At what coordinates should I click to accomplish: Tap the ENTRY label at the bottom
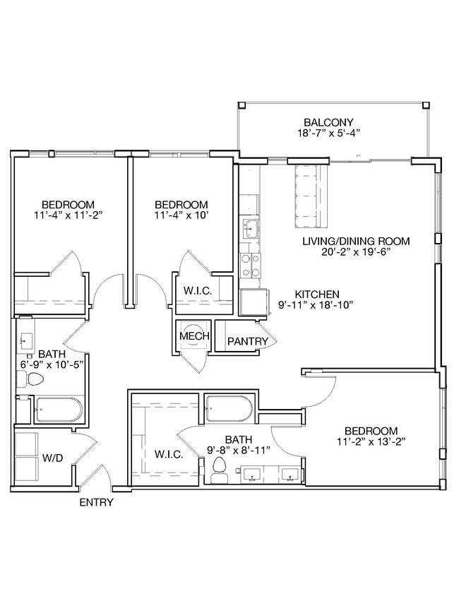click(96, 503)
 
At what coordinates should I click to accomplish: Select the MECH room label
click(193, 336)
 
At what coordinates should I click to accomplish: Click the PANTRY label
click(247, 342)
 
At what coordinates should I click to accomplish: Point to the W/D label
click(52, 458)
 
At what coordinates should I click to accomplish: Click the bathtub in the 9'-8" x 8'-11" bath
click(228, 408)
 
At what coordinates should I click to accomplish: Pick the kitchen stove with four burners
click(250, 266)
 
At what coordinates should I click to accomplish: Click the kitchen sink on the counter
click(249, 228)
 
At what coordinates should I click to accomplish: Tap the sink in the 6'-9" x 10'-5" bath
click(24, 340)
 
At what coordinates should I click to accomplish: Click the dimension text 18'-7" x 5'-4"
click(328, 132)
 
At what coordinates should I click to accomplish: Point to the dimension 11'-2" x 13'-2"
click(371, 443)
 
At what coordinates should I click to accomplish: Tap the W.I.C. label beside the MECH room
click(194, 290)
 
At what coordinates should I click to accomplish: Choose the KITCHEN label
click(317, 294)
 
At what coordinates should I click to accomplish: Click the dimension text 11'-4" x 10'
click(181, 215)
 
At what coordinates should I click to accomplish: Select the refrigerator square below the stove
click(253, 302)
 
